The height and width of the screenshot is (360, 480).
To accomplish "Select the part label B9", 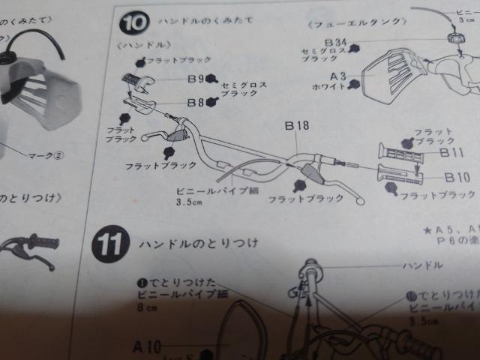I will (194, 76).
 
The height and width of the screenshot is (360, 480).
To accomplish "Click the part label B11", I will (452, 152).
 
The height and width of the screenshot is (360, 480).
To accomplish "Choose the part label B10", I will (456, 178).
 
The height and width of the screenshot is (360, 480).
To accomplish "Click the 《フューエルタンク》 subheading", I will (345, 22).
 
